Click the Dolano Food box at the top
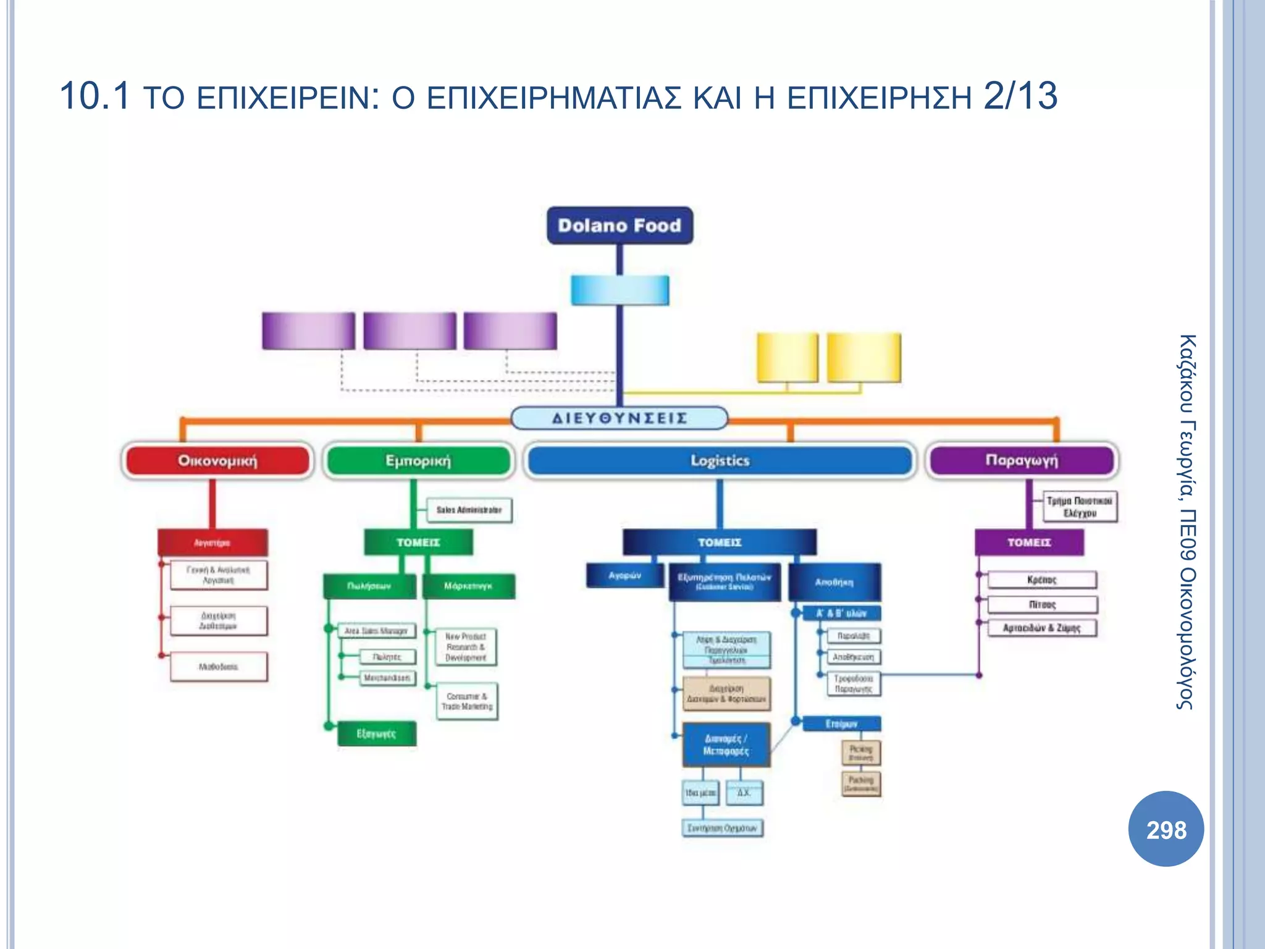coord(620,226)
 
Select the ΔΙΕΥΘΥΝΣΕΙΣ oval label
coord(620,418)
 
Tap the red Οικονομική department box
coord(217,461)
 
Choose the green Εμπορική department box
coord(418,461)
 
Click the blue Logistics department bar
coord(720,461)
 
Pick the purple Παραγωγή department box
coord(1022,460)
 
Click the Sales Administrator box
coord(469,510)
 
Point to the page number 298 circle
coord(1166,829)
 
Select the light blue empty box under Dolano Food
coord(620,290)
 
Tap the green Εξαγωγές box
coord(376,734)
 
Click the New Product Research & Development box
coord(466,647)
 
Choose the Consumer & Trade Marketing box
coord(467,701)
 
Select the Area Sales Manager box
coord(376,631)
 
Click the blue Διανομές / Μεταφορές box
coord(726,745)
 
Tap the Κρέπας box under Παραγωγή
coord(1042,580)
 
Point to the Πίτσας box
coord(1042,604)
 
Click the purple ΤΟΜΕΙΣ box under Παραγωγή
coord(1029,542)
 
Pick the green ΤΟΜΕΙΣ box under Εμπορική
coord(418,542)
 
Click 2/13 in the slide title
coord(1020,96)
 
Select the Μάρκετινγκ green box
coord(468,586)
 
